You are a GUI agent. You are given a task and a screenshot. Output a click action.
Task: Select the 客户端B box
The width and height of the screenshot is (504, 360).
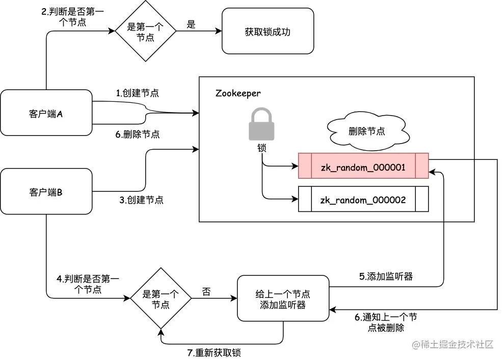click(x=46, y=192)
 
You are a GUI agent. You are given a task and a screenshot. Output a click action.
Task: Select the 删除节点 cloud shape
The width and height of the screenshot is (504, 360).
click(x=366, y=131)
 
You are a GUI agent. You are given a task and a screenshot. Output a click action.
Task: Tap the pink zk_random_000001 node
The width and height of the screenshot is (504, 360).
click(x=363, y=167)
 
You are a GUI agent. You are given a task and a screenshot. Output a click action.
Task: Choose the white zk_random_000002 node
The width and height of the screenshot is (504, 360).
click(x=363, y=200)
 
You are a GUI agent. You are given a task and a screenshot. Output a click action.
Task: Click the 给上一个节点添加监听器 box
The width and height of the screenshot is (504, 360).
click(x=283, y=299)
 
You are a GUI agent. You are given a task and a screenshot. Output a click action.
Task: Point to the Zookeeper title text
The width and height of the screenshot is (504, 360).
click(x=238, y=93)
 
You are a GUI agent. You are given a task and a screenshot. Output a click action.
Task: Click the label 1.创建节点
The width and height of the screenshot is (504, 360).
click(x=137, y=93)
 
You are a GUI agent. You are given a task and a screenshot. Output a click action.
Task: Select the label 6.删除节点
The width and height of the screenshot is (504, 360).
click(x=137, y=134)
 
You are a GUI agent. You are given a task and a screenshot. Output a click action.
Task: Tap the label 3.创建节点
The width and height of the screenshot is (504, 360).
click(x=141, y=200)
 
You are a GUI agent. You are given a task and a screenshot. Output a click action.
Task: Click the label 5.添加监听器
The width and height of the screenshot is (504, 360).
click(x=386, y=276)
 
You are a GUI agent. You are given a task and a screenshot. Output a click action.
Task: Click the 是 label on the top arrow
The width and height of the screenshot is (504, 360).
click(x=191, y=24)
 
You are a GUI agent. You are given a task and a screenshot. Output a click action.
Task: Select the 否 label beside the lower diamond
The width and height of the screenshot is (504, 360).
click(x=206, y=292)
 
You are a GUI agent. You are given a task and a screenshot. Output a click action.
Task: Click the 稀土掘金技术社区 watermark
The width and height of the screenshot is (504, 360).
click(x=453, y=344)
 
